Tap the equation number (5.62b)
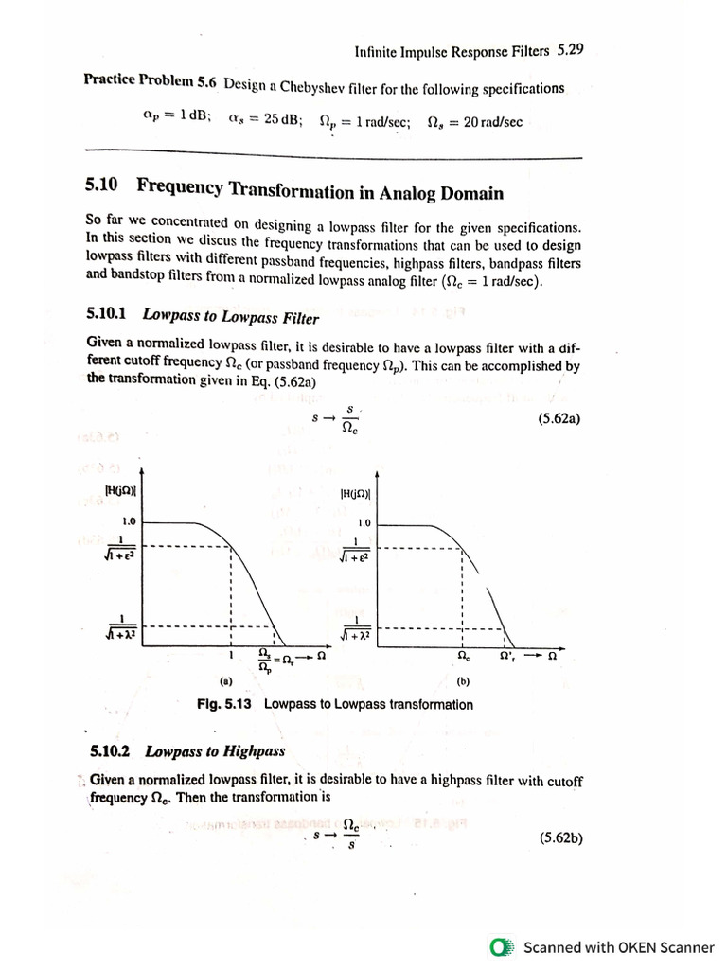560,837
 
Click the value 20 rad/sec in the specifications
492,122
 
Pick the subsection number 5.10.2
111,752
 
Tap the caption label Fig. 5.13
225,704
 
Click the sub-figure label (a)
225,680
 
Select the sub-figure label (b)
462,680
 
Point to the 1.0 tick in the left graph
130,521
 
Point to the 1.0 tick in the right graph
364,522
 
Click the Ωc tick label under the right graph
463,655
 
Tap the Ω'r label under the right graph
507,655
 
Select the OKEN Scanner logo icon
502,946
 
